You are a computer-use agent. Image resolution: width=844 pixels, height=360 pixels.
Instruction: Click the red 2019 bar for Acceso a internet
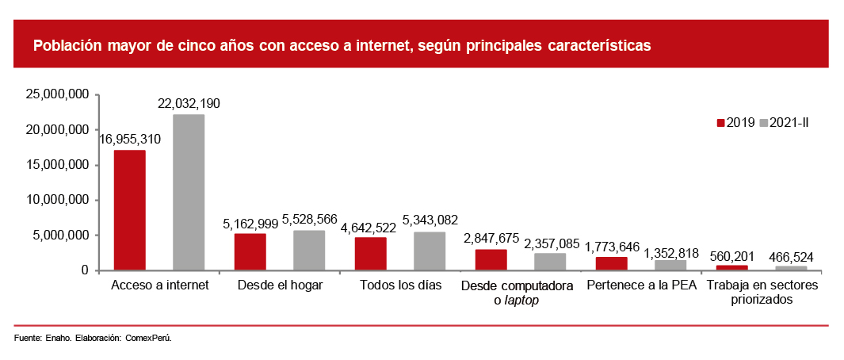tap(130, 210)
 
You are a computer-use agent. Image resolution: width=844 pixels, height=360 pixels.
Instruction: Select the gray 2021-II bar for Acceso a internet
tap(189, 193)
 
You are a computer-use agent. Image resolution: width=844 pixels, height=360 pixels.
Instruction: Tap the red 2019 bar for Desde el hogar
tap(250, 252)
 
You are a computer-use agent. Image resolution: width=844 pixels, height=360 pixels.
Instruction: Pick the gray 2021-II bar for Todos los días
tap(430, 251)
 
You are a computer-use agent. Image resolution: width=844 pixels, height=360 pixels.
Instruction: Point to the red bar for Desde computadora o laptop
tap(491, 260)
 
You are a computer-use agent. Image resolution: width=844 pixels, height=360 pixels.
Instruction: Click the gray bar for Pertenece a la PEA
tap(670, 266)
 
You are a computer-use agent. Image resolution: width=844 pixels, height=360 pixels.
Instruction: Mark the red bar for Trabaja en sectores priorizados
tap(731, 268)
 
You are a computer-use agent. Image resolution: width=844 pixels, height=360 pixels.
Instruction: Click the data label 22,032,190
tap(189, 104)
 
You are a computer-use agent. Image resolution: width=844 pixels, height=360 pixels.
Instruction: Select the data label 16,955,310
tap(130, 140)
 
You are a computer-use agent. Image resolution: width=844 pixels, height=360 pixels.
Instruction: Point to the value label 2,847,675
tap(491, 238)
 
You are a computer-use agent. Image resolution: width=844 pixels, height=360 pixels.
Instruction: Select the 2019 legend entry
tap(736, 122)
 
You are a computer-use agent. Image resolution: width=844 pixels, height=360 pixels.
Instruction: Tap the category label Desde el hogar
tap(280, 285)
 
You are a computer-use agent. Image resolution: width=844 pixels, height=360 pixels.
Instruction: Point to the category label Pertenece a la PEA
tap(641, 285)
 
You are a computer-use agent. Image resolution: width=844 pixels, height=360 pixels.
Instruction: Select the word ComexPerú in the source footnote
tap(149, 339)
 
